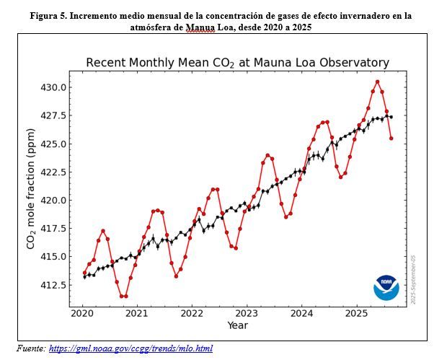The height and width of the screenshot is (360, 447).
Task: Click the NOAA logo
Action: click(386, 288)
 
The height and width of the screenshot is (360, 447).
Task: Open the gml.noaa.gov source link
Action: click(130, 348)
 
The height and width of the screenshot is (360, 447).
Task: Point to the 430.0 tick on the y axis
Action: click(70, 87)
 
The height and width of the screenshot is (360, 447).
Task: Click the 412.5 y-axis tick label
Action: click(53, 285)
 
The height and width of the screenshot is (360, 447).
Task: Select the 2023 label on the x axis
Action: click(247, 314)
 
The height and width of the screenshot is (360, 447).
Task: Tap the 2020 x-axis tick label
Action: click(82, 314)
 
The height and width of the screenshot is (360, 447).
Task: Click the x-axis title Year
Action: click(238, 325)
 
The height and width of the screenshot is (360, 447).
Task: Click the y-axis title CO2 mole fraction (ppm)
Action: click(31, 189)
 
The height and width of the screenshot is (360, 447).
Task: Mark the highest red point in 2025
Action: click(378, 82)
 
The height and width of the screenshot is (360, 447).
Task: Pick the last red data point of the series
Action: click(391, 139)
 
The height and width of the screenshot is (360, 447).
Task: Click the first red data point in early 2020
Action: click(84, 273)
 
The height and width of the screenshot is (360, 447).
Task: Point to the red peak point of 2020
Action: click(103, 231)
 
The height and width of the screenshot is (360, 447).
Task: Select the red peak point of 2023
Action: click(267, 155)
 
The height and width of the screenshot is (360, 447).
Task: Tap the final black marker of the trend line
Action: click(391, 117)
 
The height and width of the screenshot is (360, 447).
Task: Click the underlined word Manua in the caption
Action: click(200, 27)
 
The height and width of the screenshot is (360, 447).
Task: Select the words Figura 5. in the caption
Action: click(48, 16)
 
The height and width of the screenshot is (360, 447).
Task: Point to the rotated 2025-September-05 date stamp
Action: click(413, 280)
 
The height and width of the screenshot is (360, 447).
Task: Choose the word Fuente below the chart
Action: click(31, 348)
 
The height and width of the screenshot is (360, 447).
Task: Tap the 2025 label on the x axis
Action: click(356, 314)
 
